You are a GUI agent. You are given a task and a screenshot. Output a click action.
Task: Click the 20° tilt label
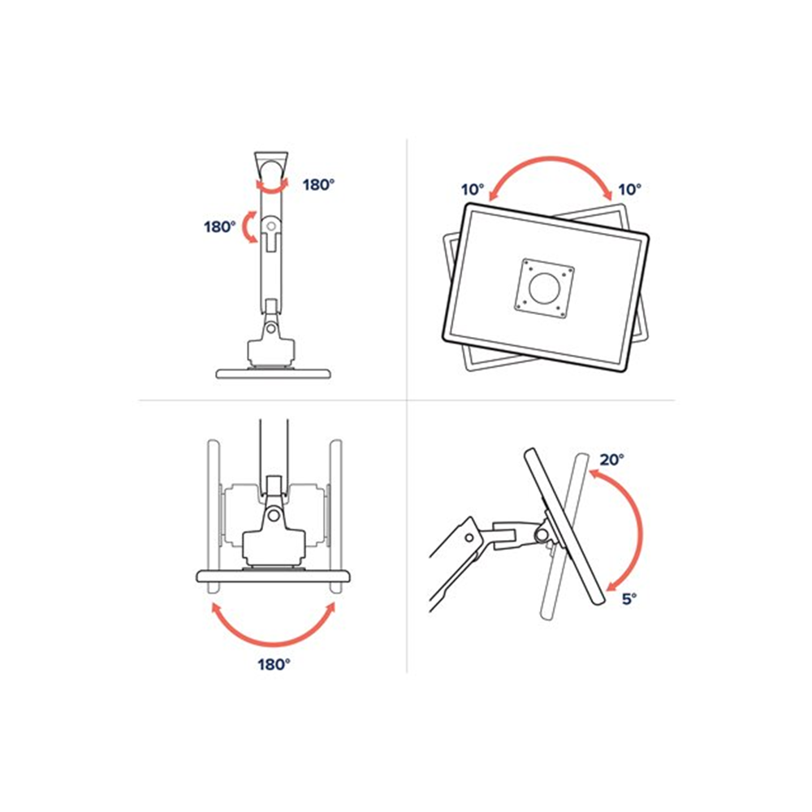click(612, 460)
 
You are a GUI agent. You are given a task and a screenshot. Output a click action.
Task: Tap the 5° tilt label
click(629, 598)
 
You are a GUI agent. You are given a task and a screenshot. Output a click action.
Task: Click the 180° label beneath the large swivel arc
click(274, 664)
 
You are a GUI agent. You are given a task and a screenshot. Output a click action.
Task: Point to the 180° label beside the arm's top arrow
click(318, 184)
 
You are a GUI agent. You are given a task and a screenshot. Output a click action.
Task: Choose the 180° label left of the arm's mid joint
click(219, 227)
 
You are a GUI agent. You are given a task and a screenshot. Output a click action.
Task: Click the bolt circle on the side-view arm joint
click(468, 537)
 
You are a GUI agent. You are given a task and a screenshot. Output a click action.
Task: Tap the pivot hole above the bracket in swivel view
click(274, 514)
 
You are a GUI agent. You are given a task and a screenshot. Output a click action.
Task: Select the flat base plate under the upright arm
click(274, 373)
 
